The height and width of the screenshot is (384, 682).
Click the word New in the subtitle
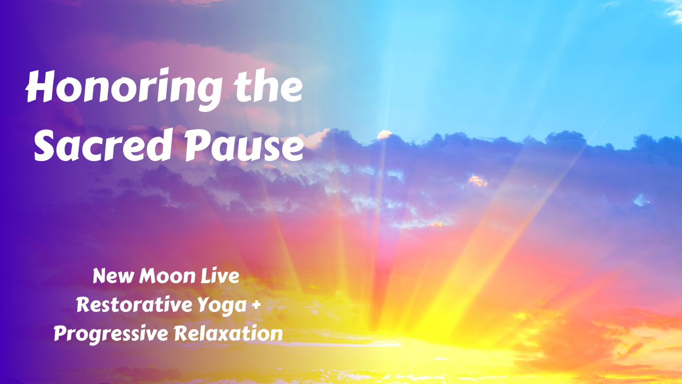tap(111, 276)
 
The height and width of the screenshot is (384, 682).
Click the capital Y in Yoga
tap(207, 305)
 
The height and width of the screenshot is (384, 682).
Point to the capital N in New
tap(100, 276)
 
